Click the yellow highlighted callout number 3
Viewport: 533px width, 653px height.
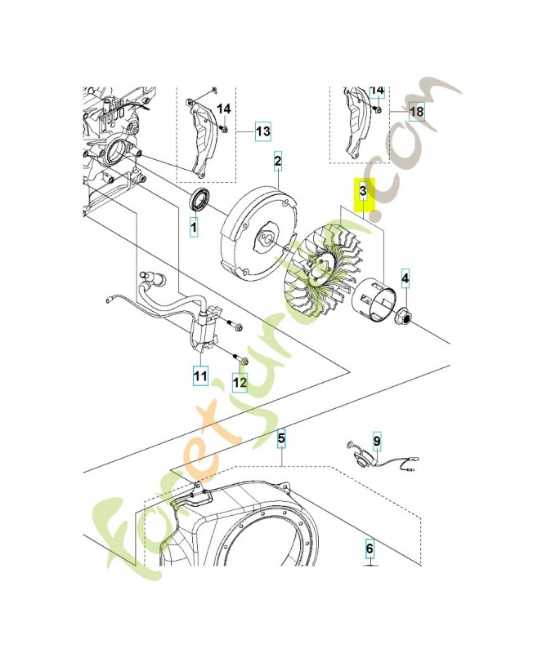362,194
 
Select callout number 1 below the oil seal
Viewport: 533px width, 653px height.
194,228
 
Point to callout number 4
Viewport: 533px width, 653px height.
405,282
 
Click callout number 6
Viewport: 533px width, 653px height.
369,549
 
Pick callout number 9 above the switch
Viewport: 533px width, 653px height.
377,442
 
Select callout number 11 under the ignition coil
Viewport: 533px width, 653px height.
199,376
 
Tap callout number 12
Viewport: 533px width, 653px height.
239,381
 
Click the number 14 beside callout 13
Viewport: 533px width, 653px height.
224,109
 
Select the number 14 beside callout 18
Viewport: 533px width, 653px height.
377,89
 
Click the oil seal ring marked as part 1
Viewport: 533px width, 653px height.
200,199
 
